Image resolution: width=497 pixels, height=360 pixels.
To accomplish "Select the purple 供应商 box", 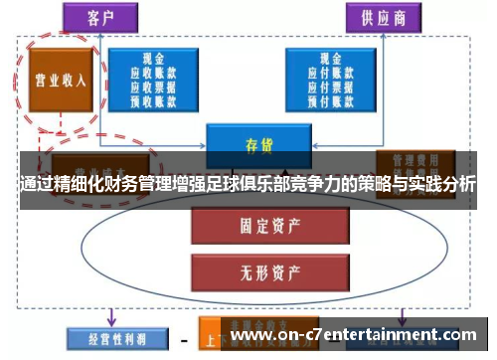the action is [x=384, y=16].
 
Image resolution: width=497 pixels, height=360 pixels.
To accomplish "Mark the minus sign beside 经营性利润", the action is [x=184, y=339].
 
